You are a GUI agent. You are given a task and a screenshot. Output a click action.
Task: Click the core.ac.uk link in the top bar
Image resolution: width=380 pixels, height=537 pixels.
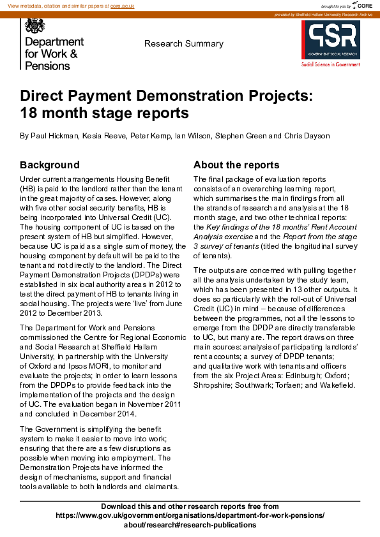click(121, 5)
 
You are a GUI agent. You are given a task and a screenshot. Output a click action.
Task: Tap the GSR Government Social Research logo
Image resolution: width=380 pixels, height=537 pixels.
click(330, 40)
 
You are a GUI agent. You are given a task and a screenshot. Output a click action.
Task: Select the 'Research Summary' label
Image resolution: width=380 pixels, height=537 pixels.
click(184, 44)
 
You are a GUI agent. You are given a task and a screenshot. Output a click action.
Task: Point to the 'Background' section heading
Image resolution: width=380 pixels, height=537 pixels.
click(50, 165)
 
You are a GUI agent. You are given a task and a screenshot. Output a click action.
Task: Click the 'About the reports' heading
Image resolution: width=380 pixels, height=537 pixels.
click(236, 165)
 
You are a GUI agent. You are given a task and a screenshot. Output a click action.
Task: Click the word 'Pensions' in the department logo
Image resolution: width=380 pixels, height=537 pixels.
click(47, 66)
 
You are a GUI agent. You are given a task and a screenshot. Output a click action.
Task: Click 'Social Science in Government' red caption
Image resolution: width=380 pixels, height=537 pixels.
click(330, 64)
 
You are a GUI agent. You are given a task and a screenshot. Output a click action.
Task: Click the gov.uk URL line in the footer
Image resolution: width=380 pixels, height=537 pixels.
click(190, 515)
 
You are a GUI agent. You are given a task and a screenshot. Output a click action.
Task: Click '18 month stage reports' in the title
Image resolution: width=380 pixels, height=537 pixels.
click(105, 114)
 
